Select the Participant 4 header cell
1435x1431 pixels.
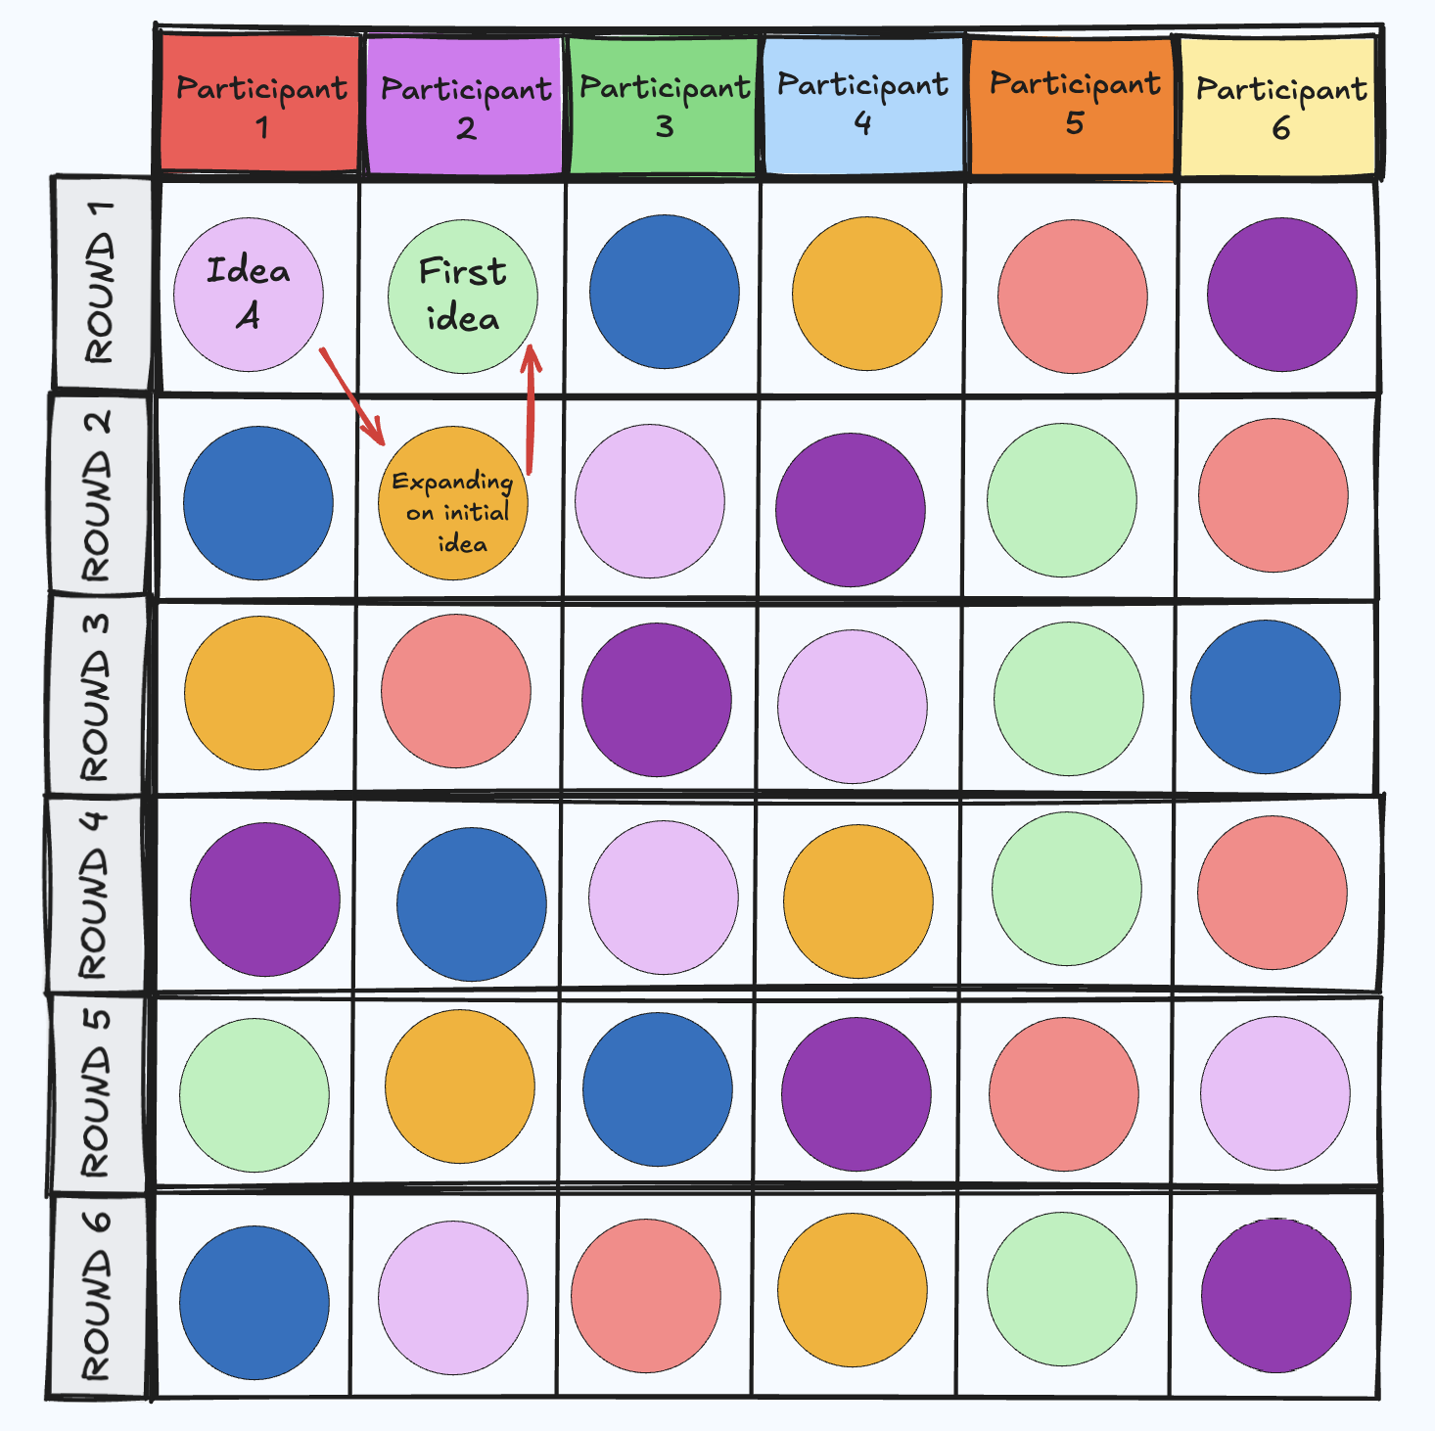click(x=862, y=104)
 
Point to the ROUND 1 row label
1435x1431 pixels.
click(x=101, y=284)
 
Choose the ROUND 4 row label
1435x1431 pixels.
click(x=96, y=895)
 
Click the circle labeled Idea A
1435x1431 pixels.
click(x=249, y=294)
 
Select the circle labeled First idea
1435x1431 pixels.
click(x=463, y=296)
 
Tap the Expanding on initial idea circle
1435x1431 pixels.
click(x=453, y=503)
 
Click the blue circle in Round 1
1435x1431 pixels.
click(x=665, y=292)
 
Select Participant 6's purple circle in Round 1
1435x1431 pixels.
click(x=1281, y=294)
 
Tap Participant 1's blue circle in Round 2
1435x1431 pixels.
click(x=258, y=502)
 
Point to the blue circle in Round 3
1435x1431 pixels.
click(x=1265, y=696)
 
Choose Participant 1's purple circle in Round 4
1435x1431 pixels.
click(x=265, y=899)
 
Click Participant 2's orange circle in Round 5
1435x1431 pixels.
click(x=459, y=1085)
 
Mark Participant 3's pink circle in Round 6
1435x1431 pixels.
click(x=646, y=1295)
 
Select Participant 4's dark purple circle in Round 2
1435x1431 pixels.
click(x=850, y=509)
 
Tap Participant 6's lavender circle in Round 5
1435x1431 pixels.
click(x=1274, y=1092)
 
